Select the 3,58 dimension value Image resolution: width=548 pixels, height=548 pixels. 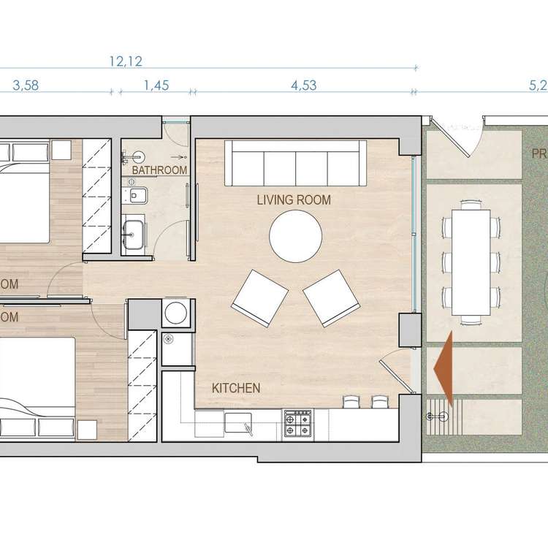click(26, 85)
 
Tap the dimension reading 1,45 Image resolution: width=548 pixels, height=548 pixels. click(156, 85)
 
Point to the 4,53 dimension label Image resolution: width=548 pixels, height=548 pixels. click(303, 85)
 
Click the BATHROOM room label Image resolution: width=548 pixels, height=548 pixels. click(159, 170)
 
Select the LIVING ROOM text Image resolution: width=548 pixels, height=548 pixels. click(294, 199)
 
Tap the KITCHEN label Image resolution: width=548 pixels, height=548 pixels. click(235, 388)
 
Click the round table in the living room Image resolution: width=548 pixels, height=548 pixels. click(296, 236)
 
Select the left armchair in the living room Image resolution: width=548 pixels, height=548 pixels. click(259, 295)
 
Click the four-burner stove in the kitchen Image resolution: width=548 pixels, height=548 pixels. click(298, 422)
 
